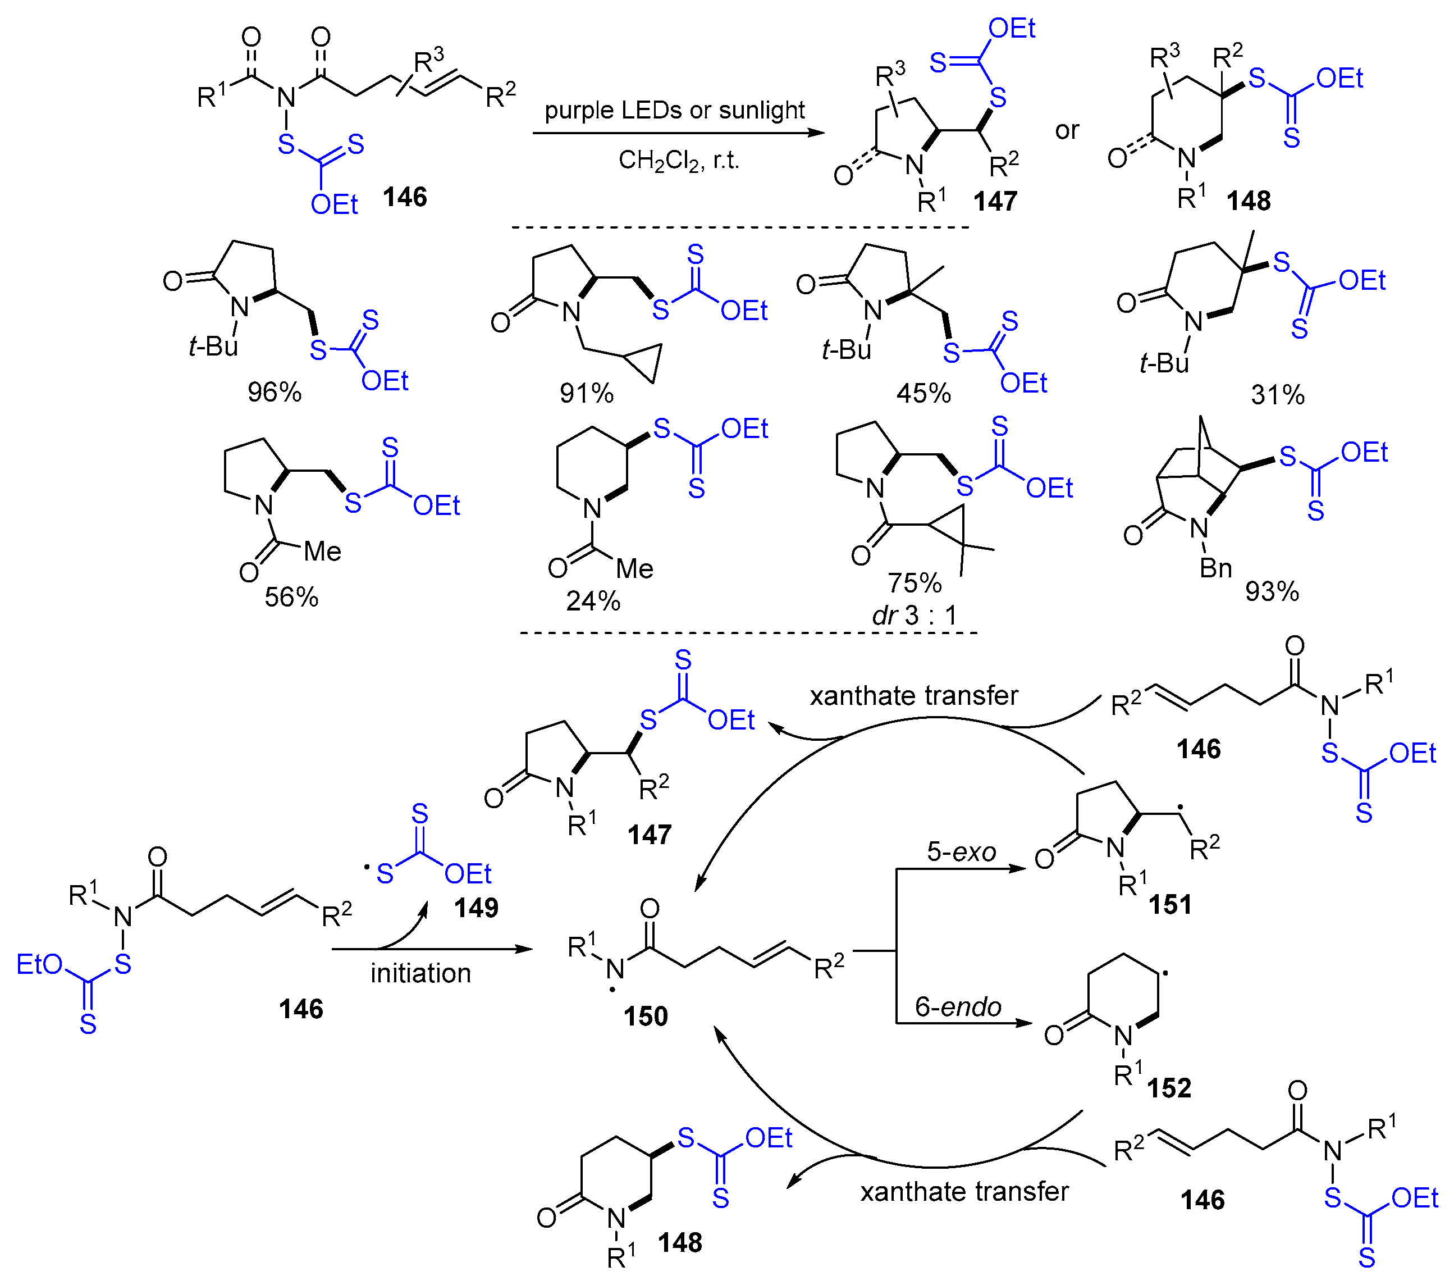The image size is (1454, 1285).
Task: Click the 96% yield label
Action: (274, 392)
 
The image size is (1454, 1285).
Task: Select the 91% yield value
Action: (586, 393)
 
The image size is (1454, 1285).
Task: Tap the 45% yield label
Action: (923, 393)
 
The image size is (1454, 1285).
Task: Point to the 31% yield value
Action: (1278, 395)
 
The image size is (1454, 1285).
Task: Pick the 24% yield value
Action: (593, 602)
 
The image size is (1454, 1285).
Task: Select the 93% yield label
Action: (1272, 591)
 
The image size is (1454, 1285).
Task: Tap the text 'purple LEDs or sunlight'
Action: (674, 110)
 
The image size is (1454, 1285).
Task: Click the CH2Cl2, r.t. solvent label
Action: (679, 161)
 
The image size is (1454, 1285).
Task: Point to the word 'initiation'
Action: (420, 973)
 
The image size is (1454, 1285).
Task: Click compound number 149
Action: (476, 908)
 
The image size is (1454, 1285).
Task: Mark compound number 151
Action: (1169, 904)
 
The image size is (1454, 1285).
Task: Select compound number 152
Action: (1169, 1088)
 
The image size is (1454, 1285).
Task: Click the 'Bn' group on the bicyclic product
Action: (1216, 568)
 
